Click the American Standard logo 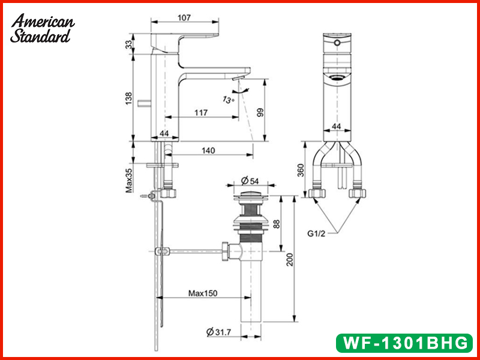[x=42, y=28]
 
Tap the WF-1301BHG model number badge [x=404, y=343]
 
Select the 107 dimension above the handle [x=184, y=18]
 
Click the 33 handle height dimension [x=130, y=44]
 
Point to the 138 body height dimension [x=129, y=98]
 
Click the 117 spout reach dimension [x=201, y=113]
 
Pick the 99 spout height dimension [x=260, y=112]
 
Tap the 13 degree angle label [x=229, y=100]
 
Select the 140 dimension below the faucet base [x=208, y=151]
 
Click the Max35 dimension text [x=129, y=181]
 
